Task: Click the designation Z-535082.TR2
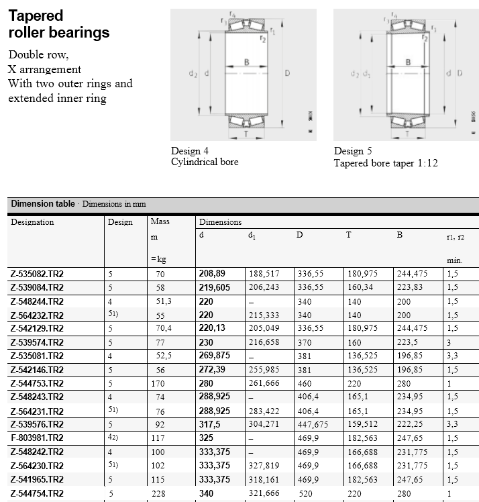click(x=37, y=274)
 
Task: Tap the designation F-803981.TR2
click(x=37, y=438)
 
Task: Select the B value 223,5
click(x=409, y=342)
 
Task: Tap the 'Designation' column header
click(x=32, y=222)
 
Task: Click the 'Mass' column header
click(x=160, y=221)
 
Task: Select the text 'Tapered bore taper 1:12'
click(x=386, y=162)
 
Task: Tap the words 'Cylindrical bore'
click(x=205, y=162)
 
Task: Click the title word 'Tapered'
click(x=36, y=15)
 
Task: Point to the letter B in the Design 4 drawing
click(x=246, y=62)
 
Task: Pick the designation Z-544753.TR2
click(x=37, y=383)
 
